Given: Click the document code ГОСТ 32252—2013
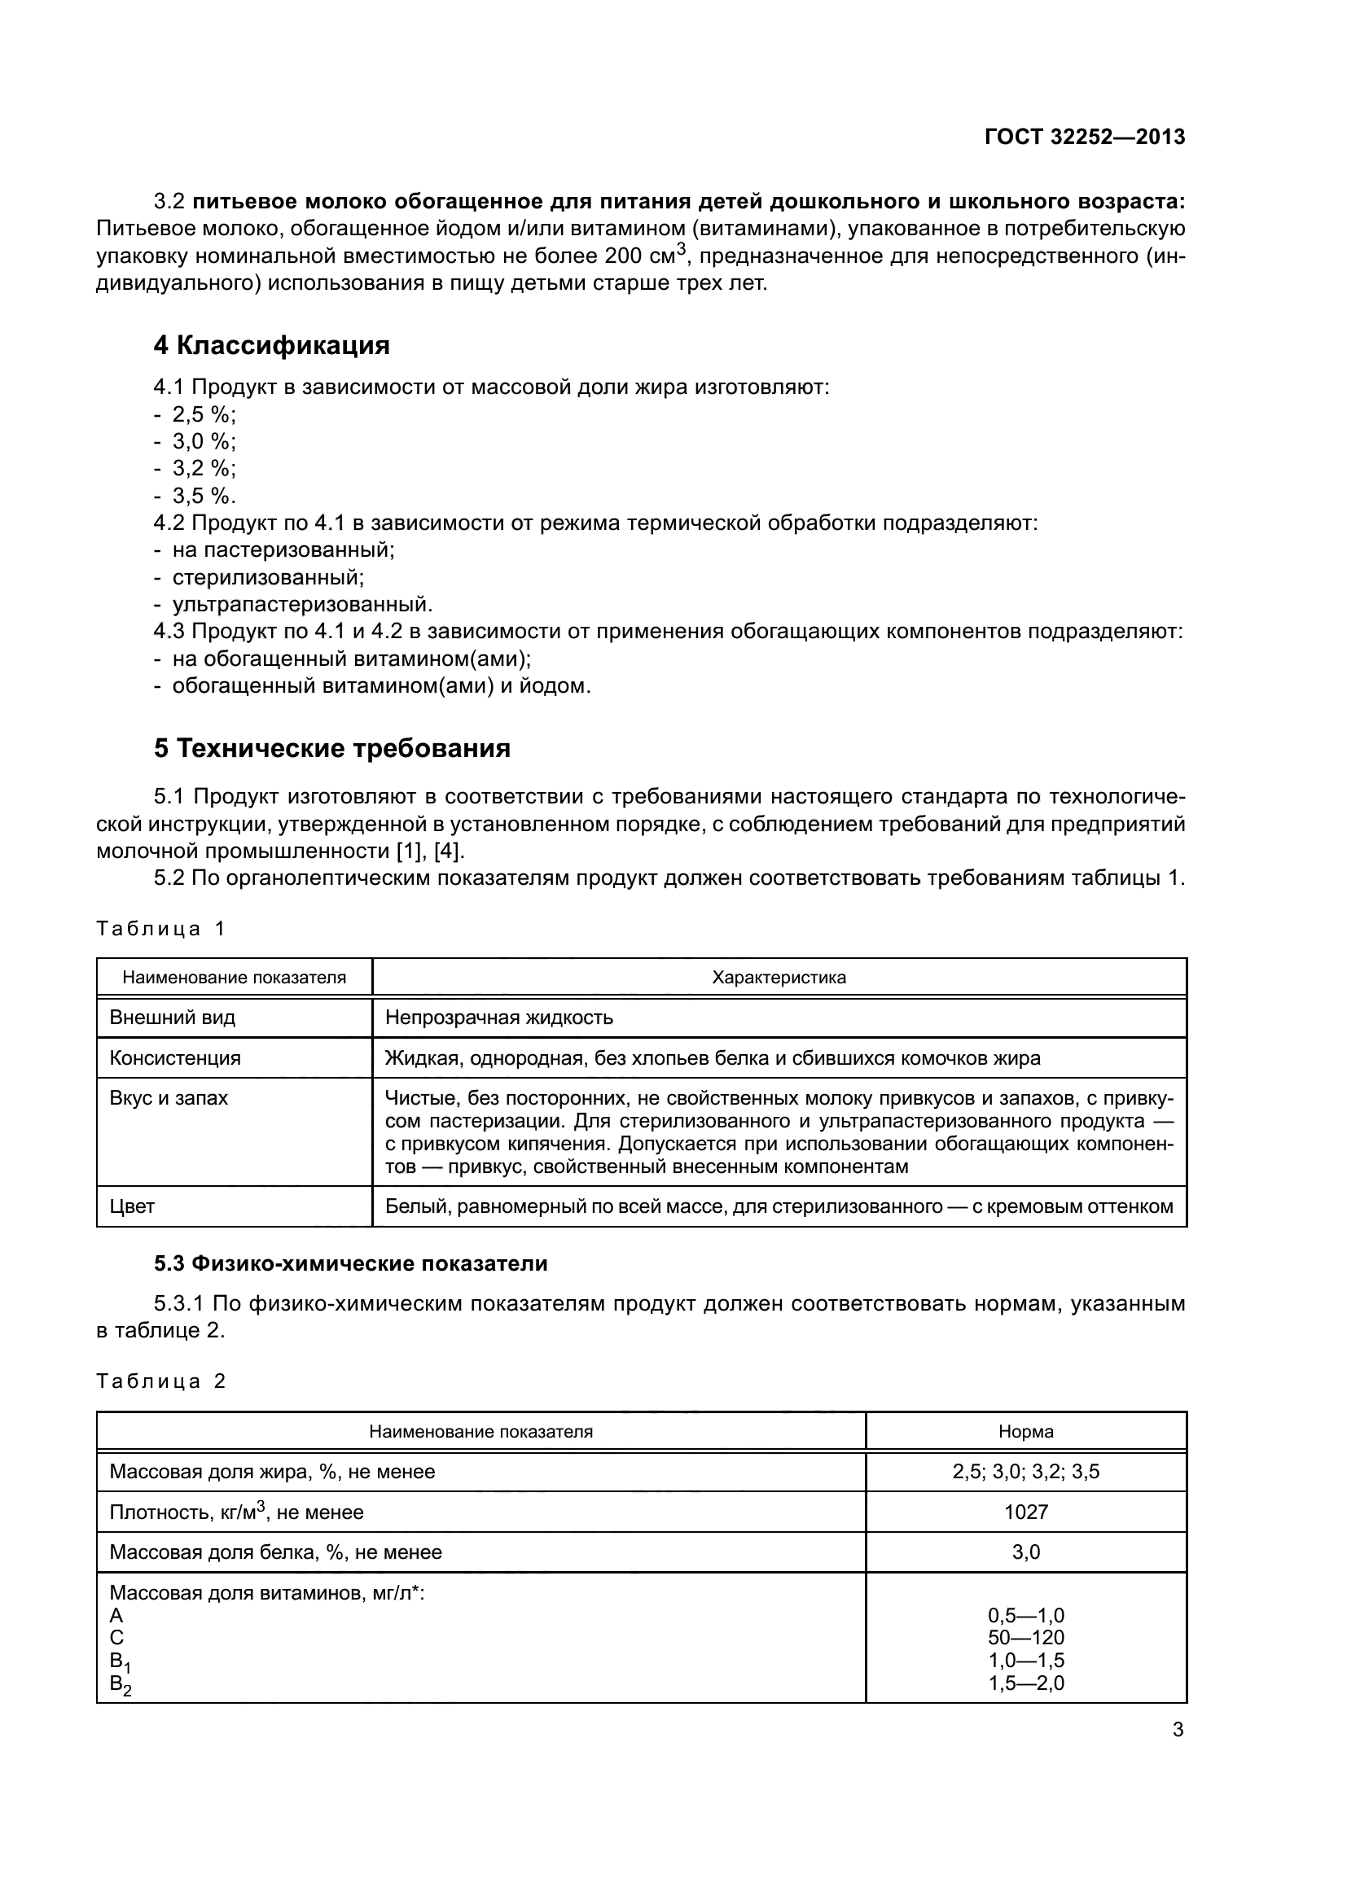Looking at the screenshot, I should (1084, 138).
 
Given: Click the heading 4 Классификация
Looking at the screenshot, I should (271, 345).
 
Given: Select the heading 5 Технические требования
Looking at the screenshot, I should (331, 748).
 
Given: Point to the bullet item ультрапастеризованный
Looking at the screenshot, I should (302, 604).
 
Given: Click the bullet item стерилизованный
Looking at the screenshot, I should (268, 576).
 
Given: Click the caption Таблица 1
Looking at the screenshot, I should (161, 928).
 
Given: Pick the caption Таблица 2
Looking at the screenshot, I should (161, 1381).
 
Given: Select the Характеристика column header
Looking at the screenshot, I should (779, 977).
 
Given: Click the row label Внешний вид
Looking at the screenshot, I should (173, 1018).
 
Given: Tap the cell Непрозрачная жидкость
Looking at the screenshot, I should (499, 1018).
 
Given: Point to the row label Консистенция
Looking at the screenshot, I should (175, 1058).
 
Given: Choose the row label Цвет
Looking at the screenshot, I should (132, 1206).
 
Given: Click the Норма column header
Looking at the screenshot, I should (1026, 1431).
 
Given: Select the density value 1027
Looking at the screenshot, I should (1026, 1512).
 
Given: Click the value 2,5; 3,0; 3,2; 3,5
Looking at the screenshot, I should (1026, 1472).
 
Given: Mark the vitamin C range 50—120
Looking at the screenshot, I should (1026, 1638).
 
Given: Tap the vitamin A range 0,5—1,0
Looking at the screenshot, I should (1026, 1615).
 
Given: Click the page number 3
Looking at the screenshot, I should (1178, 1730).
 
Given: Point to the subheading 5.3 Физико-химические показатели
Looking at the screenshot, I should (351, 1264).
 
